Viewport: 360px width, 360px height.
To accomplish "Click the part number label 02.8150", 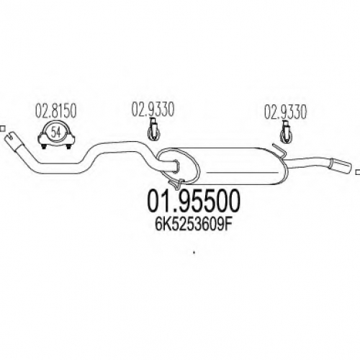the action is (x=56, y=111).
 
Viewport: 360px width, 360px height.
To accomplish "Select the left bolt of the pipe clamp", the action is (x=44, y=146).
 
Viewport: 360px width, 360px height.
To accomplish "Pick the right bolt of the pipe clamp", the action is (x=68, y=146).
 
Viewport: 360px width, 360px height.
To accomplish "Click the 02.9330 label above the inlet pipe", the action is (x=153, y=109).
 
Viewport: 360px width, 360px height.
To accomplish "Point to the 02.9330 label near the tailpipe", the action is (x=285, y=112).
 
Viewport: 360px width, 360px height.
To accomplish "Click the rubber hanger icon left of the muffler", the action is (x=154, y=130).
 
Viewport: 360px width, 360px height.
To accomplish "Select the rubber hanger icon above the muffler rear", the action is (x=287, y=132).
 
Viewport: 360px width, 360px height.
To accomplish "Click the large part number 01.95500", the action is (x=194, y=201).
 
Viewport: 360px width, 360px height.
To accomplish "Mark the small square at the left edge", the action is (x=2, y=129).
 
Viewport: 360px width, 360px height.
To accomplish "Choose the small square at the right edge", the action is (x=358, y=172).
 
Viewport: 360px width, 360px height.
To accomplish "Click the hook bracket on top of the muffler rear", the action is (x=279, y=150).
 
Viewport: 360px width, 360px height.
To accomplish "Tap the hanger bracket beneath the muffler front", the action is (x=176, y=183).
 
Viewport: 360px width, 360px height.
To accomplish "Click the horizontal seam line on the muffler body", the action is (x=242, y=172).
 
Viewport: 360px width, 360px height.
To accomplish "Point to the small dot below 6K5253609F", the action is (x=194, y=252).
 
